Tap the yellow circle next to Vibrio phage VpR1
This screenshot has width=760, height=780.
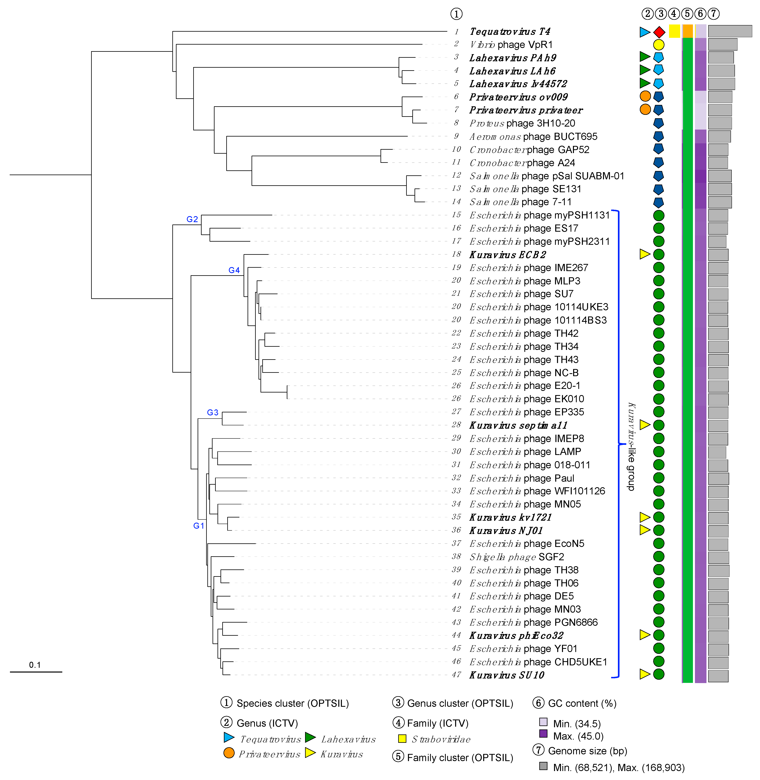(x=659, y=45)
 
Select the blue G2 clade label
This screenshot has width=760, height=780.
(x=192, y=219)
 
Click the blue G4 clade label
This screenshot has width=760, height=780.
(x=234, y=270)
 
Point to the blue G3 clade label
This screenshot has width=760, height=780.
(x=212, y=412)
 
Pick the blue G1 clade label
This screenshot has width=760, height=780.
(x=198, y=526)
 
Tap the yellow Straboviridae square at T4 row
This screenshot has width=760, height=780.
(x=674, y=31)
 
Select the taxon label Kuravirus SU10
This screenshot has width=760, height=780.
(x=506, y=675)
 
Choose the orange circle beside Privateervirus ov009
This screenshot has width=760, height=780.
(x=645, y=96)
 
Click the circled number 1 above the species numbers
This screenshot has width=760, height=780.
(x=456, y=14)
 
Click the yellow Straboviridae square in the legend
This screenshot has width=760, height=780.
(x=402, y=738)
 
